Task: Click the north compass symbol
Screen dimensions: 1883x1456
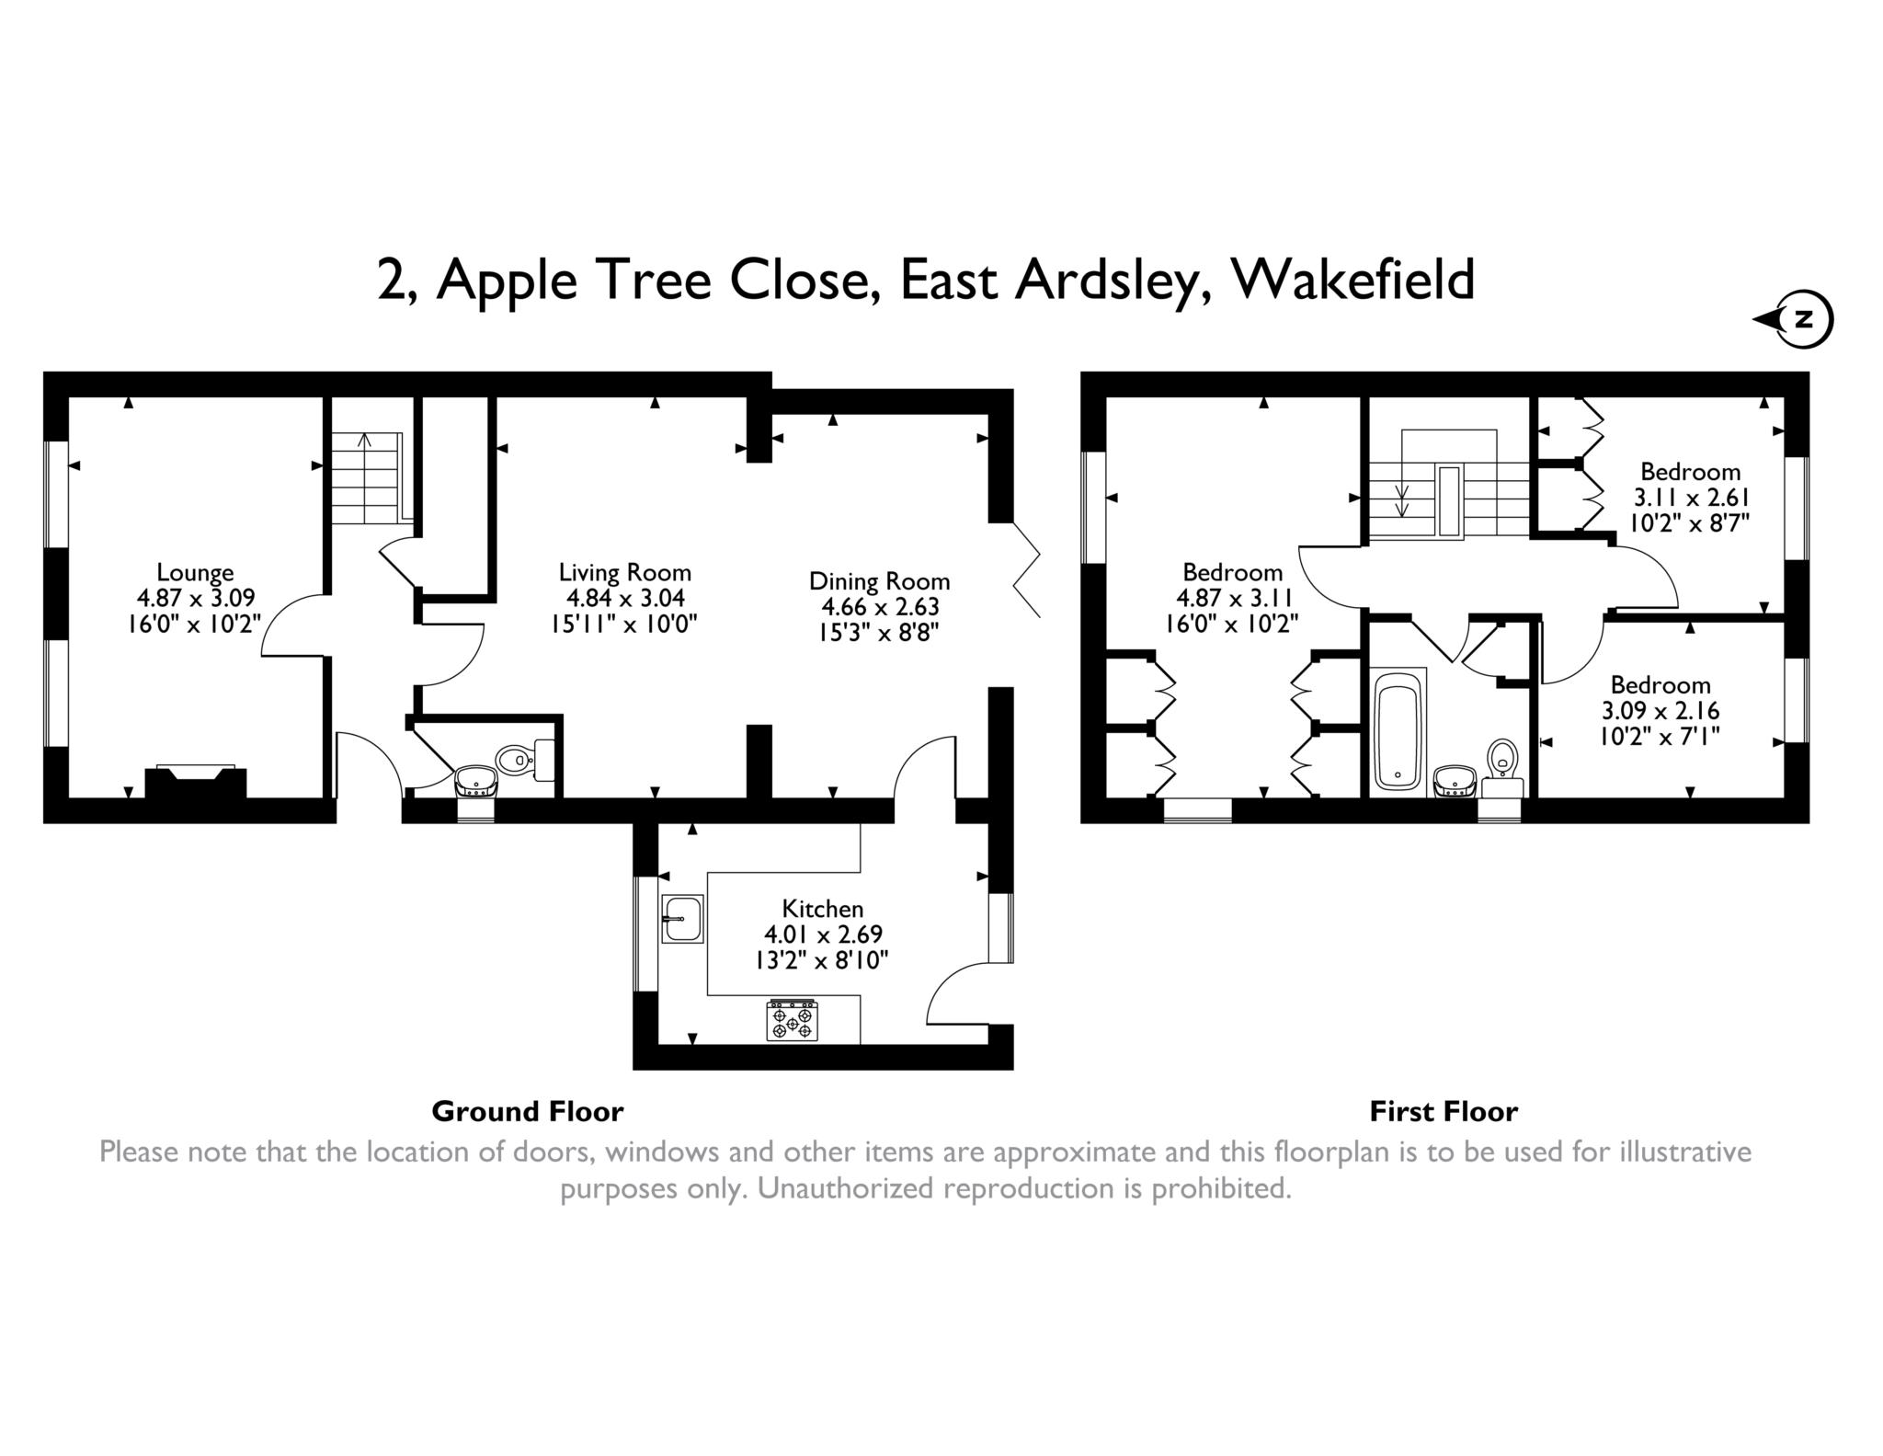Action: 1794,320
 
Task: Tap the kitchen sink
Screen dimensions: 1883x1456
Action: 681,919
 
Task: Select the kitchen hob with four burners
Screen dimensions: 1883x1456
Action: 792,1020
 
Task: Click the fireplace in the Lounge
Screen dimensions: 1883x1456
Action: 196,782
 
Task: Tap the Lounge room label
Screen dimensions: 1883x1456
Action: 195,572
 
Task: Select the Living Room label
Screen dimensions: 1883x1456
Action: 625,571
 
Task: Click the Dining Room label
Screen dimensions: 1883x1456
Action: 879,581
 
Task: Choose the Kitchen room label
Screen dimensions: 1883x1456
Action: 823,909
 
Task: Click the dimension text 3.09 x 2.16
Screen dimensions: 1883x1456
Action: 1660,710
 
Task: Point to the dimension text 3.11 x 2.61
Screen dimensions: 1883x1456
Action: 1690,498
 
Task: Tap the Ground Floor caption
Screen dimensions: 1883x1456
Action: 528,1111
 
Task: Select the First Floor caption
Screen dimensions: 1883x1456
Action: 1444,1111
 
